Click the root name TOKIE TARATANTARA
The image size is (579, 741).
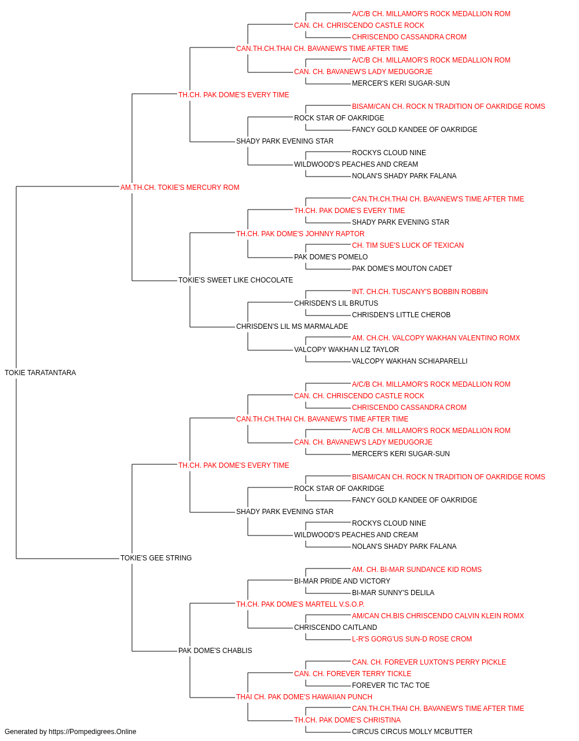(40, 372)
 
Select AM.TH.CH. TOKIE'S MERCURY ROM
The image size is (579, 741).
(179, 187)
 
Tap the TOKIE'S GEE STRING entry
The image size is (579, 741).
(156, 557)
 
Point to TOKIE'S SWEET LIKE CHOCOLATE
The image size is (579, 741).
(235, 280)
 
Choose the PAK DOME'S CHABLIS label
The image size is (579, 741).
(215, 650)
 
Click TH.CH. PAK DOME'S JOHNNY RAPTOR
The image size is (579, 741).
(300, 233)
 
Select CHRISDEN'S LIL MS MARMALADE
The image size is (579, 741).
(292, 327)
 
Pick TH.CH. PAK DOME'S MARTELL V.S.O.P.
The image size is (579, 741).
(300, 604)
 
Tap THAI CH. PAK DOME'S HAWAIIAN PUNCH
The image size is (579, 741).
(304, 696)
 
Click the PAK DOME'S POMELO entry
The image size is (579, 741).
(331, 257)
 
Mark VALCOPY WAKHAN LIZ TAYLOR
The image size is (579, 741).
(346, 350)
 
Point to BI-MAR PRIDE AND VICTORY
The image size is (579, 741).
(342, 581)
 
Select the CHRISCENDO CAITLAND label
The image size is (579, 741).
(336, 627)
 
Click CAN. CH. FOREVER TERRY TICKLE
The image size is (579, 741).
(353, 673)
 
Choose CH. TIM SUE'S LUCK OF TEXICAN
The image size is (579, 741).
(408, 245)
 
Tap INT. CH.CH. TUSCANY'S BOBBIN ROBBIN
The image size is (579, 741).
(420, 292)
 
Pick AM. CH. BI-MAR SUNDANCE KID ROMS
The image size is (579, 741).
(417, 569)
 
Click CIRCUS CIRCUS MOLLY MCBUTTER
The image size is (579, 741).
(412, 732)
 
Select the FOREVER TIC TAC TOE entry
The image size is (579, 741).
(391, 685)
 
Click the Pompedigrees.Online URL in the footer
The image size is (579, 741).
(92, 732)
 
